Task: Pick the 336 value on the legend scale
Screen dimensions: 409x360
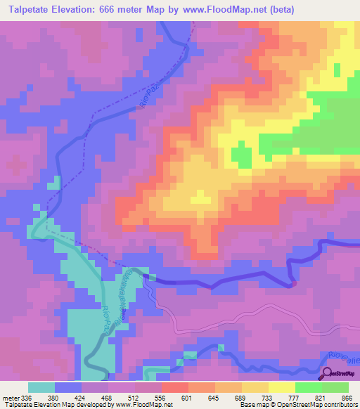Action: point(27,397)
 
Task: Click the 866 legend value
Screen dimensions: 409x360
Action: point(347,397)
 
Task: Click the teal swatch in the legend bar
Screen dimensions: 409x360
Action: point(41,387)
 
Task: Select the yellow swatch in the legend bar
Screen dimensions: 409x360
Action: point(281,387)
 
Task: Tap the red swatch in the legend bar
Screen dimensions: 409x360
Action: point(175,387)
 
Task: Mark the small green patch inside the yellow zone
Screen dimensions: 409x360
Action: point(241,155)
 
